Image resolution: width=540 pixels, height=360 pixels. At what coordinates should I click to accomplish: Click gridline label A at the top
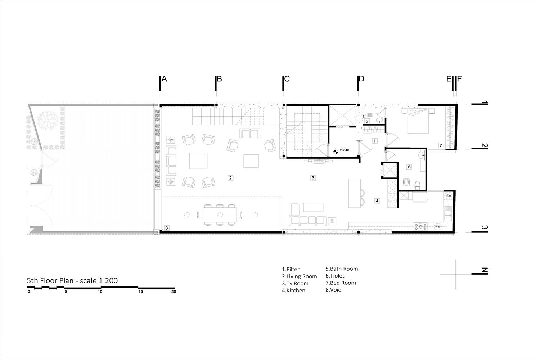(164, 79)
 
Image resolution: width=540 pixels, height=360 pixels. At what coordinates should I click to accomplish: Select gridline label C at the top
(287, 79)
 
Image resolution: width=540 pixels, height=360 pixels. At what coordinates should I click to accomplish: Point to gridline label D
(361, 79)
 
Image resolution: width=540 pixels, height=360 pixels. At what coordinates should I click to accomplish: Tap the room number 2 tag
(230, 178)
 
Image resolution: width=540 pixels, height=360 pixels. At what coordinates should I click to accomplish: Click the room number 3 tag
(313, 178)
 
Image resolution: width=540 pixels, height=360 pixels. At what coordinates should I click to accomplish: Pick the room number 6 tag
(409, 167)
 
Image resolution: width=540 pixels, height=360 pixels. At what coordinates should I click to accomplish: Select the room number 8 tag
(167, 228)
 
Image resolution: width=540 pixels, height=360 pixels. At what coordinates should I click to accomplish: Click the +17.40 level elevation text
(344, 150)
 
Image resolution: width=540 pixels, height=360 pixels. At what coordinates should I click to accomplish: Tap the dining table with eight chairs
(220, 215)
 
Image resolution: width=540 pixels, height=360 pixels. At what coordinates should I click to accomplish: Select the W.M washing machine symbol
(437, 227)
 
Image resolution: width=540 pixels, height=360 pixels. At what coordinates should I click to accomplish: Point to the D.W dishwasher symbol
(449, 195)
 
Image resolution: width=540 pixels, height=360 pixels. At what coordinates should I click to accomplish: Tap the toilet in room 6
(418, 185)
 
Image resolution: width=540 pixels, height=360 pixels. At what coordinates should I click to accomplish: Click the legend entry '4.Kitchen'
(294, 291)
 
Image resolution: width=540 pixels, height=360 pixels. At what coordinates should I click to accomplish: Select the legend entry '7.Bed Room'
(341, 283)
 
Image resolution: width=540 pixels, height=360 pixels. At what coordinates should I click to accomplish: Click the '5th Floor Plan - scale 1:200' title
(72, 281)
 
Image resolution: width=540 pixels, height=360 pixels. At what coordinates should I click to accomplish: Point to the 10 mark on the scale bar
(100, 292)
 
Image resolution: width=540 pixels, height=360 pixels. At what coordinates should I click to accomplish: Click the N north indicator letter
(484, 270)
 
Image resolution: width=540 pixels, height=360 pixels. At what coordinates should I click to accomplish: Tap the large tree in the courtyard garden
(48, 120)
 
